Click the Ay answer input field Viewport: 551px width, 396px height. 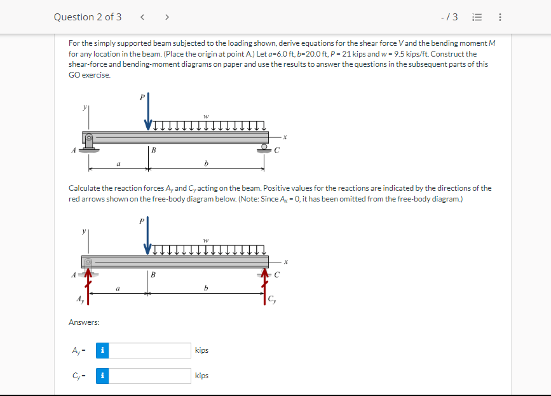click(x=149, y=350)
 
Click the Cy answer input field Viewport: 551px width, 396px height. click(x=149, y=376)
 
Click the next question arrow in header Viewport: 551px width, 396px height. click(x=167, y=17)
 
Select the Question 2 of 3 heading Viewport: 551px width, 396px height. click(x=88, y=17)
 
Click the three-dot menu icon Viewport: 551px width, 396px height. click(x=500, y=17)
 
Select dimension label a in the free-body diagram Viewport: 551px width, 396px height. click(x=118, y=289)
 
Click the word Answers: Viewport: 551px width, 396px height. click(x=84, y=323)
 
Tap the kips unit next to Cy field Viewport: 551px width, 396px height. click(x=202, y=376)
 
